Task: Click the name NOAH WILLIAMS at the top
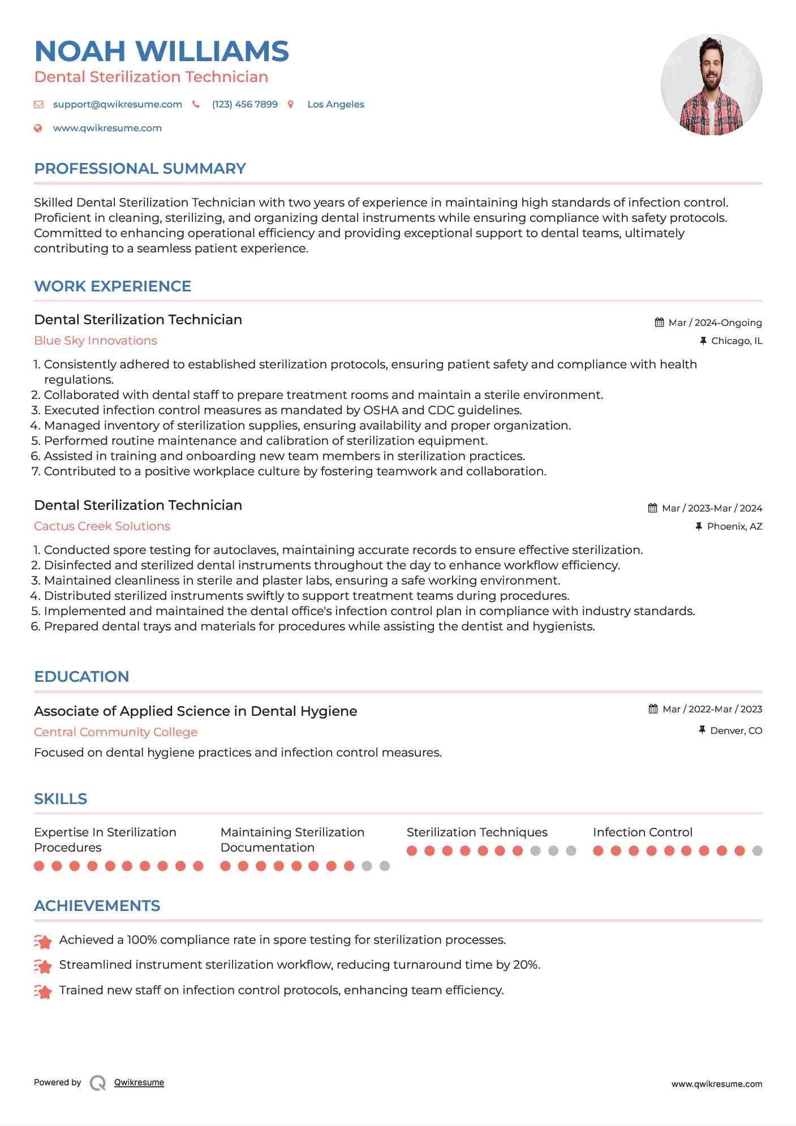pyautogui.click(x=162, y=51)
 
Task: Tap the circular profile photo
pyautogui.click(x=711, y=85)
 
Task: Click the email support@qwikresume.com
pyautogui.click(x=117, y=105)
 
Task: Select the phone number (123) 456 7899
pyautogui.click(x=244, y=105)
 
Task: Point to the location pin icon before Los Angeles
pyautogui.click(x=291, y=105)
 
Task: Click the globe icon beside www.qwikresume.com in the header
pyautogui.click(x=38, y=128)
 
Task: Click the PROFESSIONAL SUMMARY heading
pyautogui.click(x=140, y=169)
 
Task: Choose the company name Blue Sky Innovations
pyautogui.click(x=96, y=341)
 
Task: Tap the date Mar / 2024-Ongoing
pyautogui.click(x=715, y=323)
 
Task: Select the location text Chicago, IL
pyautogui.click(x=736, y=341)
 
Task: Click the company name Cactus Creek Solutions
pyautogui.click(x=102, y=526)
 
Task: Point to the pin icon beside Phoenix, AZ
pyautogui.click(x=699, y=527)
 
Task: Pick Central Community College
pyautogui.click(x=115, y=732)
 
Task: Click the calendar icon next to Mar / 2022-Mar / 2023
pyautogui.click(x=653, y=709)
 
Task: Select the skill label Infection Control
pyautogui.click(x=642, y=832)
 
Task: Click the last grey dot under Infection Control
pyautogui.click(x=757, y=850)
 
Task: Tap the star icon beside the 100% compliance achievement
pyautogui.click(x=43, y=940)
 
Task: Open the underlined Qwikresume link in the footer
pyautogui.click(x=139, y=1082)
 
